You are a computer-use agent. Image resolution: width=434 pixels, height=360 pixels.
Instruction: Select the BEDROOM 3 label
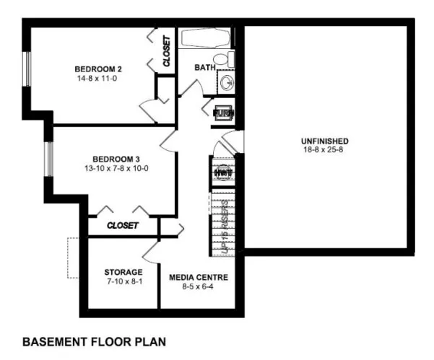pyautogui.click(x=116, y=159)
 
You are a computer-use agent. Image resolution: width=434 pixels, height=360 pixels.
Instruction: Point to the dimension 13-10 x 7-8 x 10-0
pyautogui.click(x=116, y=168)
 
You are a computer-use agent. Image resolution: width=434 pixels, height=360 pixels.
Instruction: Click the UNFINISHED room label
pyautogui.click(x=326, y=140)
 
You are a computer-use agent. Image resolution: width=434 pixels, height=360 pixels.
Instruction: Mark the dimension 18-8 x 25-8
pyautogui.click(x=326, y=149)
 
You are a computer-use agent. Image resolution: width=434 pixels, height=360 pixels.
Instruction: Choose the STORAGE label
pyautogui.click(x=123, y=272)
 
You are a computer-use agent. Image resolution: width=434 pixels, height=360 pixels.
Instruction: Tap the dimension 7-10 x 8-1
pyautogui.click(x=123, y=281)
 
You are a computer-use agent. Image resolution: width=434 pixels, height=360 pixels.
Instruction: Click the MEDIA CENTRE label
pyautogui.click(x=199, y=277)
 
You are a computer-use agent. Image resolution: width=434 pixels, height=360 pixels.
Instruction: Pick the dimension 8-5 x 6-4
pyautogui.click(x=199, y=286)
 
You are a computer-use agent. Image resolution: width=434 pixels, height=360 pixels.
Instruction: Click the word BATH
pyautogui.click(x=205, y=67)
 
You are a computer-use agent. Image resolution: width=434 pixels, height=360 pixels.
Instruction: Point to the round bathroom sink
pyautogui.click(x=227, y=82)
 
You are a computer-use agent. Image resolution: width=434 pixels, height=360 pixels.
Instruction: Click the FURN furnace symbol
pyautogui.click(x=222, y=113)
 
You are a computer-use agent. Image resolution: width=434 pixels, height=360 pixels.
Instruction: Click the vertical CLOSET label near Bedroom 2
pyautogui.click(x=167, y=51)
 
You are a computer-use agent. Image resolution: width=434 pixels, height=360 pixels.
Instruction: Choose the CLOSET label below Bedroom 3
pyautogui.click(x=122, y=226)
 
